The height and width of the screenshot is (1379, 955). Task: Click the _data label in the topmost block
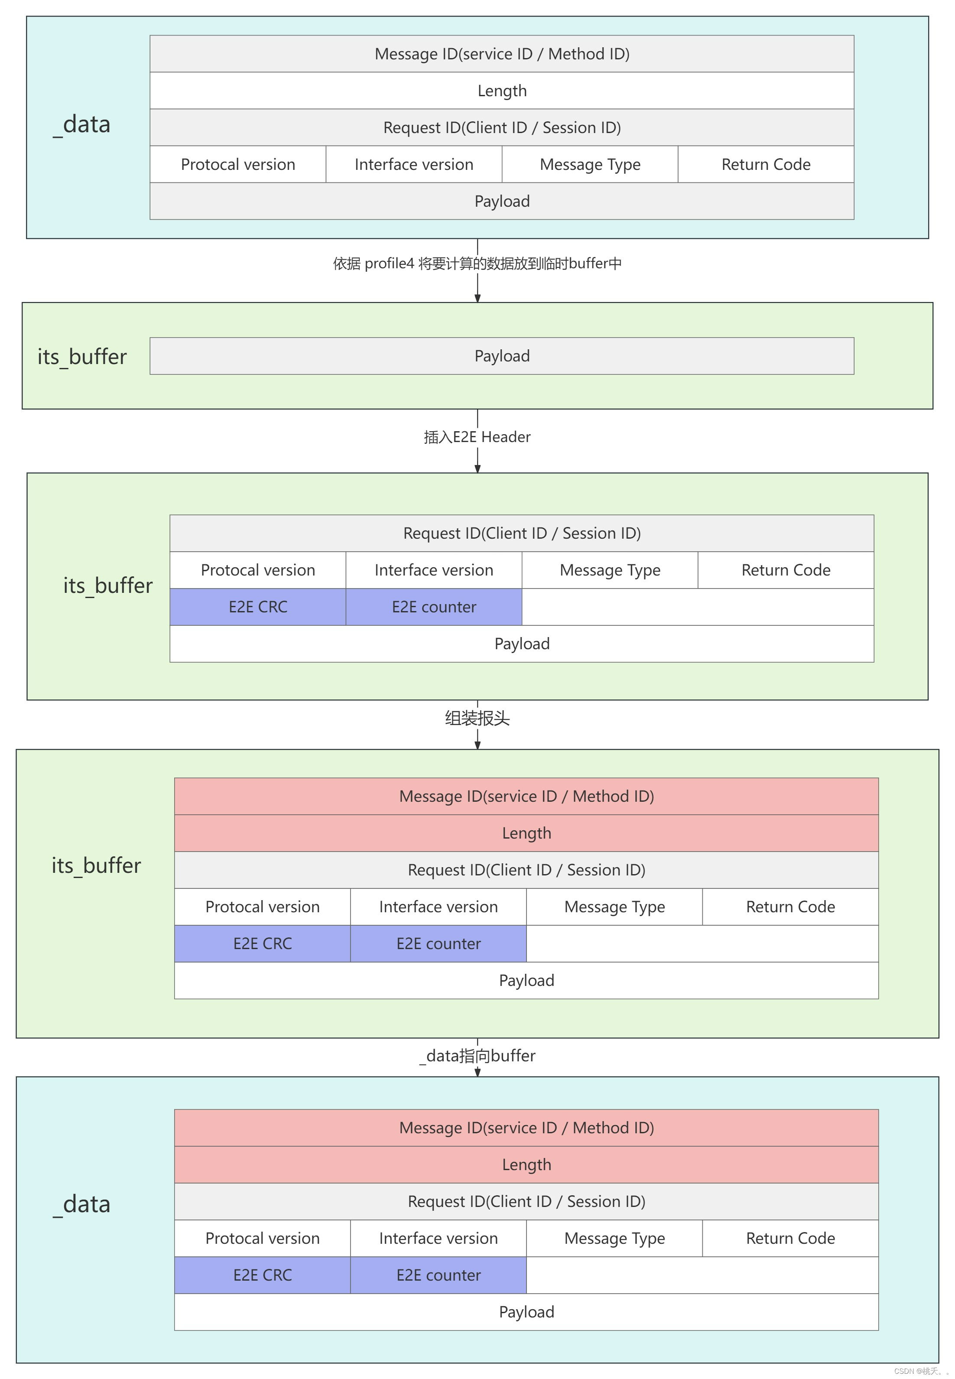82,124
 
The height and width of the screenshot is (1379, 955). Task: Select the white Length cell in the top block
501,91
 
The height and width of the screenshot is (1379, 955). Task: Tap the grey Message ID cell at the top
501,54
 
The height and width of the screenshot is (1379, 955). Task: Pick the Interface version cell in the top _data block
413,165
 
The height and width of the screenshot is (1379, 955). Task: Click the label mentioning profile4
477,264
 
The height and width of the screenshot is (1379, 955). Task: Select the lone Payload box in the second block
501,356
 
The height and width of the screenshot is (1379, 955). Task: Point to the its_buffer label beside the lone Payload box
82,357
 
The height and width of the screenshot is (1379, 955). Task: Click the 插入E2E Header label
477,437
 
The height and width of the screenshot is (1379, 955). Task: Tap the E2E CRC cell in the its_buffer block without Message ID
258,607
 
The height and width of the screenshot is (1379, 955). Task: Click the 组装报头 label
477,718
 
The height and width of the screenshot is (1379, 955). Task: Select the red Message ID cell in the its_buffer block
526,796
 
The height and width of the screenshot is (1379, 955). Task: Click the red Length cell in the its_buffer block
526,833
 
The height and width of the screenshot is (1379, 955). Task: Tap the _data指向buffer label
477,1056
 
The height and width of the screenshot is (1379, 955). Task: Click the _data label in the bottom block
82,1204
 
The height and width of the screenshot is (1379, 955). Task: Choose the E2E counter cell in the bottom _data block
438,1275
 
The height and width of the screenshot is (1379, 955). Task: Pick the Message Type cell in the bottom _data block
614,1238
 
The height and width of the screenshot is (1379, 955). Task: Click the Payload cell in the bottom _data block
526,1312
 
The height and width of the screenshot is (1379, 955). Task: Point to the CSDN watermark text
920,1371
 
